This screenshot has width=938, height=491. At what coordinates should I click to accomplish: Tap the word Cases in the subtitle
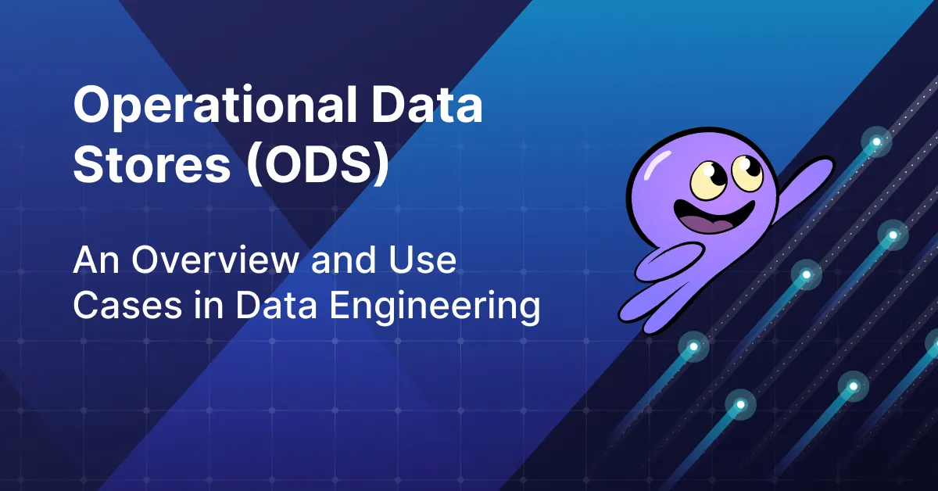coord(123,306)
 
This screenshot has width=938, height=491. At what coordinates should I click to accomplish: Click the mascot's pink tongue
coord(708,225)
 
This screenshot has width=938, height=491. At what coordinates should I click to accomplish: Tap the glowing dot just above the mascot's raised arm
coord(876,142)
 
